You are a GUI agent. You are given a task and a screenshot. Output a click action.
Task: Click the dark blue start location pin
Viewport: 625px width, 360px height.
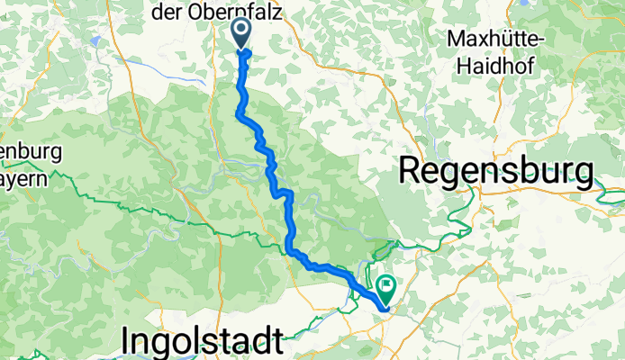[243, 33]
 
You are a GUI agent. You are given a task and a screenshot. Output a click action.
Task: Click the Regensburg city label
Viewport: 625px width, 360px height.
[496, 169]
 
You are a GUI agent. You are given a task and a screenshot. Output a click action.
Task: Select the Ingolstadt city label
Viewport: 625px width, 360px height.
[204, 343]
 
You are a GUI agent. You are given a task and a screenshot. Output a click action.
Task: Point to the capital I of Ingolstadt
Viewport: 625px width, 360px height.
[126, 343]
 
